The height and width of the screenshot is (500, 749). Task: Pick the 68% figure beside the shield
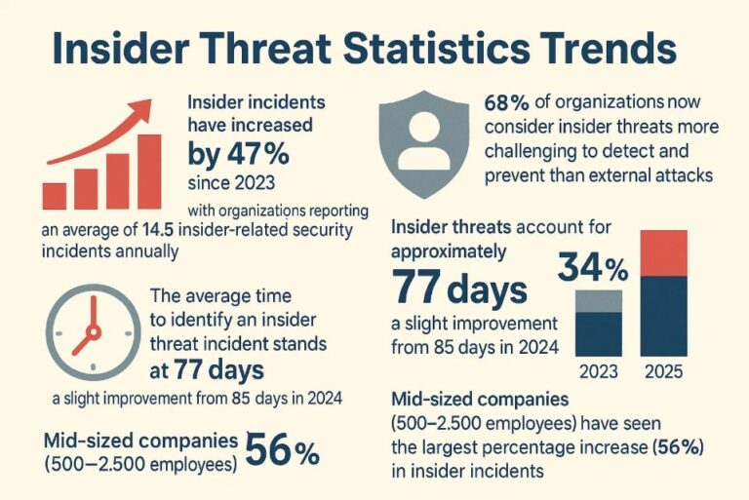pos(504,101)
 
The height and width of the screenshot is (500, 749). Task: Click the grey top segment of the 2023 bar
pos(599,301)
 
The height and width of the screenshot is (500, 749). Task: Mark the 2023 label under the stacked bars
pos(599,371)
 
